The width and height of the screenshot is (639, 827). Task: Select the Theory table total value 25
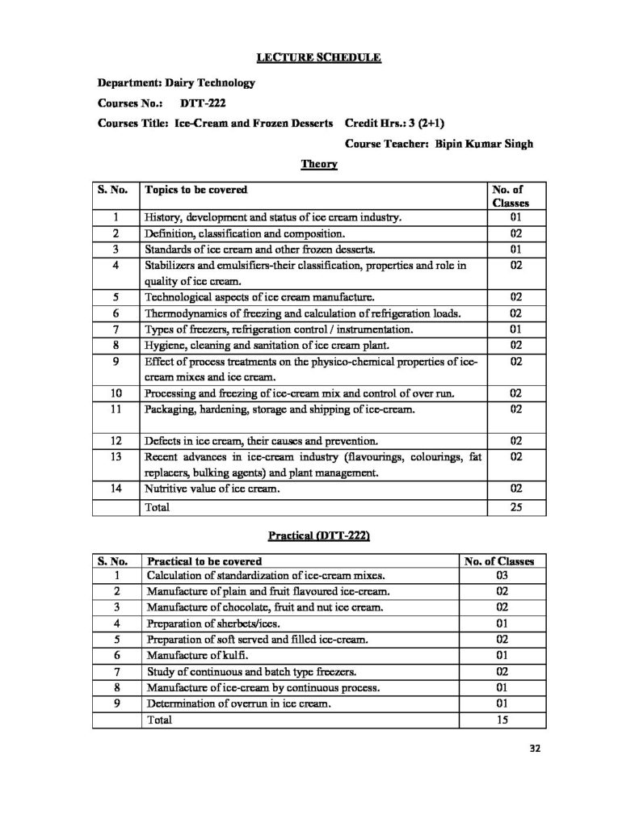coord(518,506)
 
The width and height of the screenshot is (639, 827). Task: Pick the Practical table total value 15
coord(502,720)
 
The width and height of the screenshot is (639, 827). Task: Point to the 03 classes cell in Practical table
coord(502,576)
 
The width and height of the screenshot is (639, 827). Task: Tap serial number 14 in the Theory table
coord(116,488)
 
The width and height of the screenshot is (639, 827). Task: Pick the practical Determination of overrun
coord(240,703)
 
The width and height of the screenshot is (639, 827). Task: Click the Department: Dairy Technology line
coord(176,82)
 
